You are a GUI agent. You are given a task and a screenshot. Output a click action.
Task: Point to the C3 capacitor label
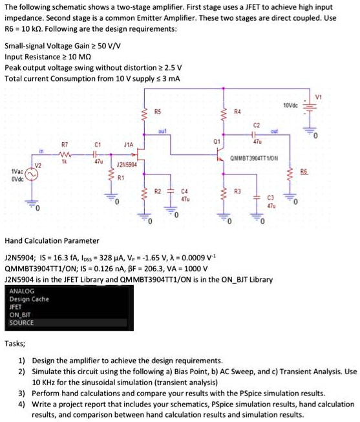pyautogui.click(x=272, y=197)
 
